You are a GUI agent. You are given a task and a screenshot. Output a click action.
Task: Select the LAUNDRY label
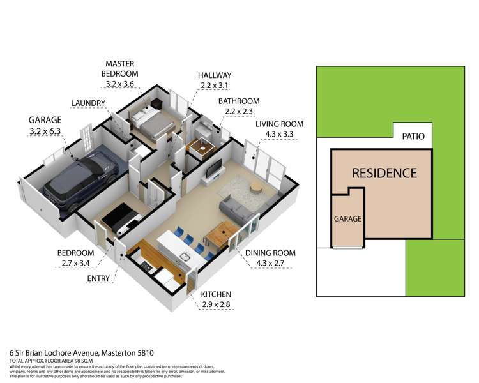point(88,103)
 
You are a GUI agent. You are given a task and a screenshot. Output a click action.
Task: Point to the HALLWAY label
point(214,75)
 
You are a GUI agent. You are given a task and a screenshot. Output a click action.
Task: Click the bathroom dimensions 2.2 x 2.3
point(239,112)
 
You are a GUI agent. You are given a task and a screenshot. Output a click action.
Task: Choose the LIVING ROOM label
point(279,124)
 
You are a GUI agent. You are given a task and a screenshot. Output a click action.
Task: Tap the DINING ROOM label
point(271,253)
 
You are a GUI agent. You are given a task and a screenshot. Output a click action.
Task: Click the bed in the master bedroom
point(152,122)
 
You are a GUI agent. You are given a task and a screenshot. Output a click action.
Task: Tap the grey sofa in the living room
point(235,209)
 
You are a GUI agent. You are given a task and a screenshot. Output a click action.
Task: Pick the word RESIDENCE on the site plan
point(384,173)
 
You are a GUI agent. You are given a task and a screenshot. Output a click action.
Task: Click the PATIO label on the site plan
point(414,136)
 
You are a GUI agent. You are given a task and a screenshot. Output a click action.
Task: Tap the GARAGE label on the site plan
point(347,218)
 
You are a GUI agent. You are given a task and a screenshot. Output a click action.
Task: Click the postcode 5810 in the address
point(143,352)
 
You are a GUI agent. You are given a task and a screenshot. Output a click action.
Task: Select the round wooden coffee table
point(256,187)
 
